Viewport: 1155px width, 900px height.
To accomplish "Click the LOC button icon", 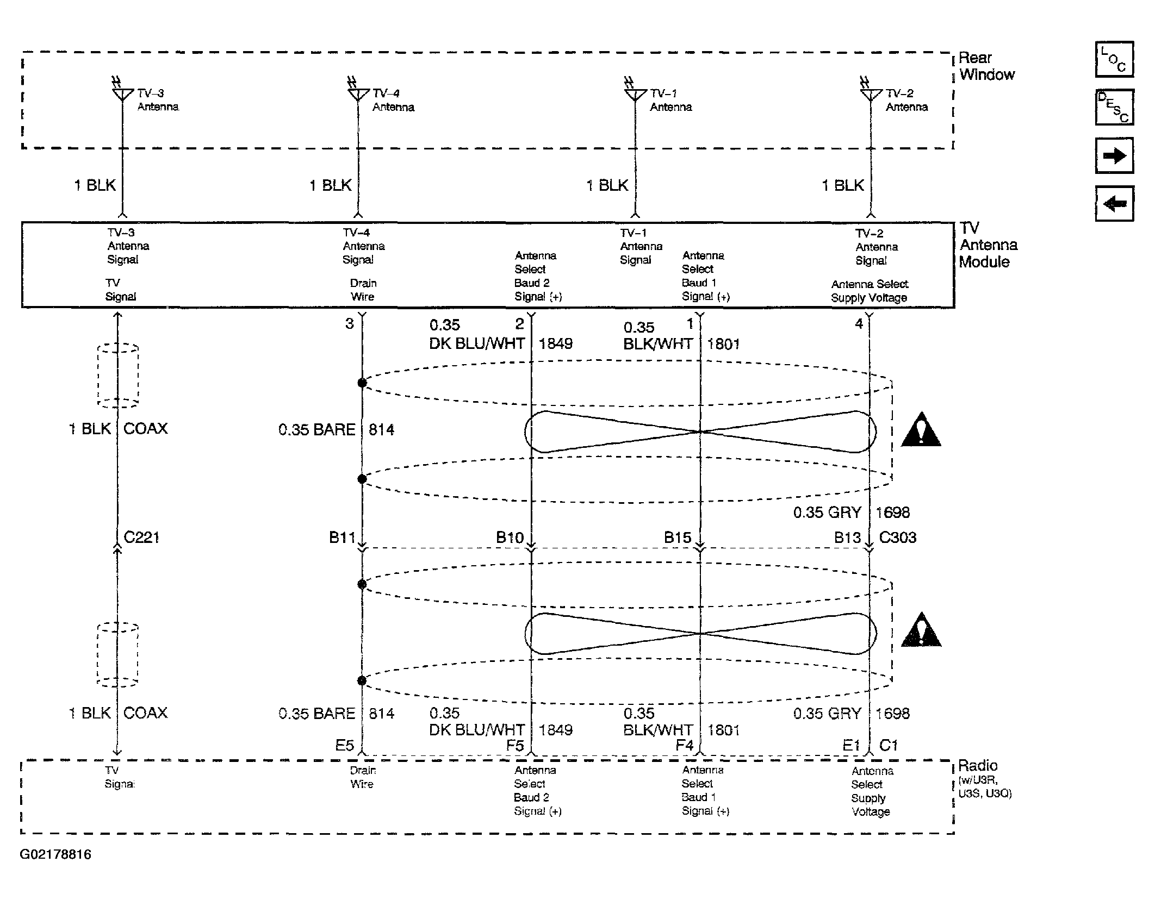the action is [x=1114, y=59].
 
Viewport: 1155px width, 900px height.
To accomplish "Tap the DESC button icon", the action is [x=1114, y=107].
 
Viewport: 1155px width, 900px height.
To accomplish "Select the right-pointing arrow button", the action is [x=1114, y=155].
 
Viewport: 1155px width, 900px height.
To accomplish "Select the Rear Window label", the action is [x=986, y=66].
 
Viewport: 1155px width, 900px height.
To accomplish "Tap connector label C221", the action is [x=141, y=537].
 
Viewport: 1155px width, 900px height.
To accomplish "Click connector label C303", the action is [x=898, y=537].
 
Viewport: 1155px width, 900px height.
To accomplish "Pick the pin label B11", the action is [x=342, y=537].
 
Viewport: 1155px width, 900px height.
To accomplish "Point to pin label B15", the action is [x=678, y=537].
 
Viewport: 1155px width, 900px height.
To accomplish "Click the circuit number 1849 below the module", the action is [x=556, y=343].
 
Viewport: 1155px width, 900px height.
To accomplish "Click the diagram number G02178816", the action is [x=55, y=854].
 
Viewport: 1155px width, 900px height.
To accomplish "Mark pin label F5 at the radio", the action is [x=515, y=745].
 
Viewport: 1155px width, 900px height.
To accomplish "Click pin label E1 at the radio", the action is [x=851, y=745].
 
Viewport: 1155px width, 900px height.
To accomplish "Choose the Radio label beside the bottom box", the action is [x=978, y=766].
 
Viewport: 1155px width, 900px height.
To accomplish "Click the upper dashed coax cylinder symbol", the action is [x=118, y=375].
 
